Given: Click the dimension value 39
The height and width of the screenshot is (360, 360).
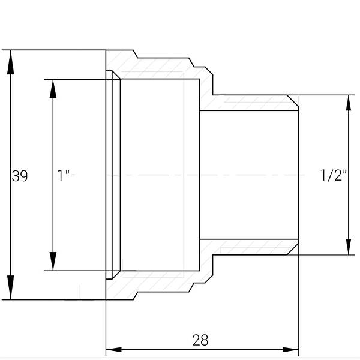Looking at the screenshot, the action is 20,176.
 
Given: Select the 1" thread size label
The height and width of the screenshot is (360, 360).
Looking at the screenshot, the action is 63,176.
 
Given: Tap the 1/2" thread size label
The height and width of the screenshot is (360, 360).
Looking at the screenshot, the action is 333,175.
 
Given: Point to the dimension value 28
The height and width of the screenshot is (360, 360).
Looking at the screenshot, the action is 200,340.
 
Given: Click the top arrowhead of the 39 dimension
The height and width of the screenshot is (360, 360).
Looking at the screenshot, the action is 11,62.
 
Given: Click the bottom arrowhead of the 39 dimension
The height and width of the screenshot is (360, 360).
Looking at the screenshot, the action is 11,287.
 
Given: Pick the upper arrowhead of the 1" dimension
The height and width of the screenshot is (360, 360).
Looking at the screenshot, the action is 53,89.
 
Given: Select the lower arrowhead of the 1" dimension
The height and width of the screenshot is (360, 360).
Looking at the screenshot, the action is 53,261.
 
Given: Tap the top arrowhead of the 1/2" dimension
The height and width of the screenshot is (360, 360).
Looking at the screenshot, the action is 349,103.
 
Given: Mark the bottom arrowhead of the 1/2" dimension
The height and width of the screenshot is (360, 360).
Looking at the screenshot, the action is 349,247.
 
